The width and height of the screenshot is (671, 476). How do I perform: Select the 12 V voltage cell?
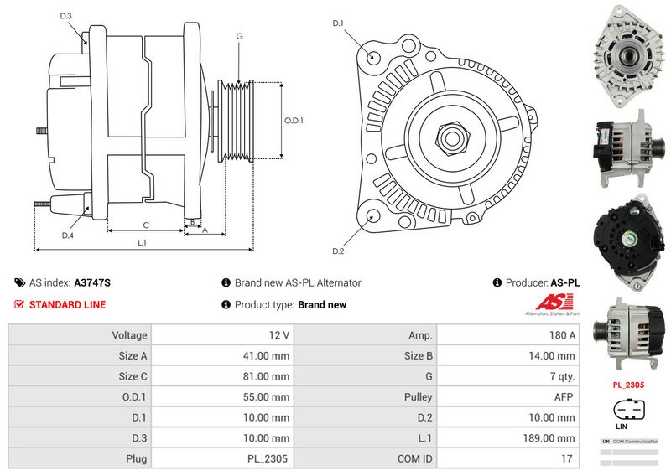tap(279, 335)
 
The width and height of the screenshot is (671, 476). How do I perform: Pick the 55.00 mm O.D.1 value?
tap(268, 397)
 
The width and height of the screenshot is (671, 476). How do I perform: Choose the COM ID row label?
tap(415, 459)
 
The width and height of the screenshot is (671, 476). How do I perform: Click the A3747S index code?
tap(92, 283)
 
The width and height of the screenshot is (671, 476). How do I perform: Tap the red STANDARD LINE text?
tap(67, 305)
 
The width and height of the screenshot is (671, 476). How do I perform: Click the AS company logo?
tap(551, 304)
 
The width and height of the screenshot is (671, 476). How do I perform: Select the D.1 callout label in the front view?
tap(338, 23)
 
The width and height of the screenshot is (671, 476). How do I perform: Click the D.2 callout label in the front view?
tap(338, 251)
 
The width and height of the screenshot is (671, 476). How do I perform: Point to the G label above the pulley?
tap(239, 36)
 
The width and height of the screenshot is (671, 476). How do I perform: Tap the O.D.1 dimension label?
tap(294, 121)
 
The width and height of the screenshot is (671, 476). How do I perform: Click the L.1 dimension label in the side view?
tap(142, 243)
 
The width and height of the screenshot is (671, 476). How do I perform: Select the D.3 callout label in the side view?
tap(66, 16)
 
